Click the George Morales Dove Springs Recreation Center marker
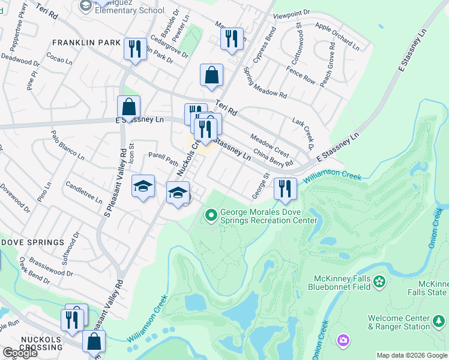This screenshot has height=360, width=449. [211, 214]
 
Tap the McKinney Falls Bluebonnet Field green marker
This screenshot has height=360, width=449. [379, 281]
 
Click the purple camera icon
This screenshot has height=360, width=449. [343, 341]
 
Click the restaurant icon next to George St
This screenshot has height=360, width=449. [285, 188]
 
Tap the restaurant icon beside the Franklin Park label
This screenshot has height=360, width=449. [134, 48]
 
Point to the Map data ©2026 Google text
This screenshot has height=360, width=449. [411, 355]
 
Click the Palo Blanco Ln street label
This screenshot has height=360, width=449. [67, 146]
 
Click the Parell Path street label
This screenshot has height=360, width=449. [163, 158]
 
